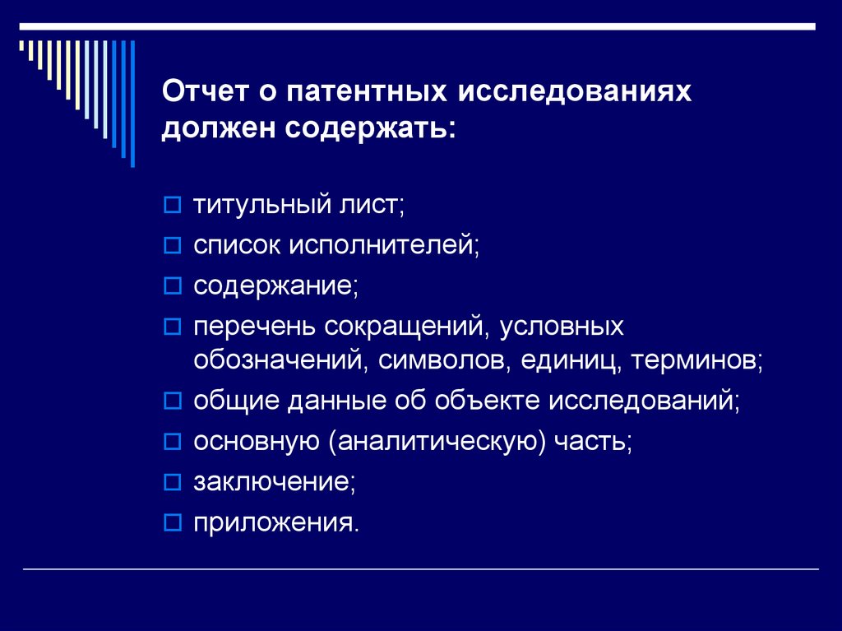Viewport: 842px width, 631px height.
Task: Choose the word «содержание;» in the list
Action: pos(275,285)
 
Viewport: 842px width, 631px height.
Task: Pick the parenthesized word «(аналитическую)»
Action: pos(437,442)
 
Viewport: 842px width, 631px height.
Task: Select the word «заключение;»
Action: pos(275,482)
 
